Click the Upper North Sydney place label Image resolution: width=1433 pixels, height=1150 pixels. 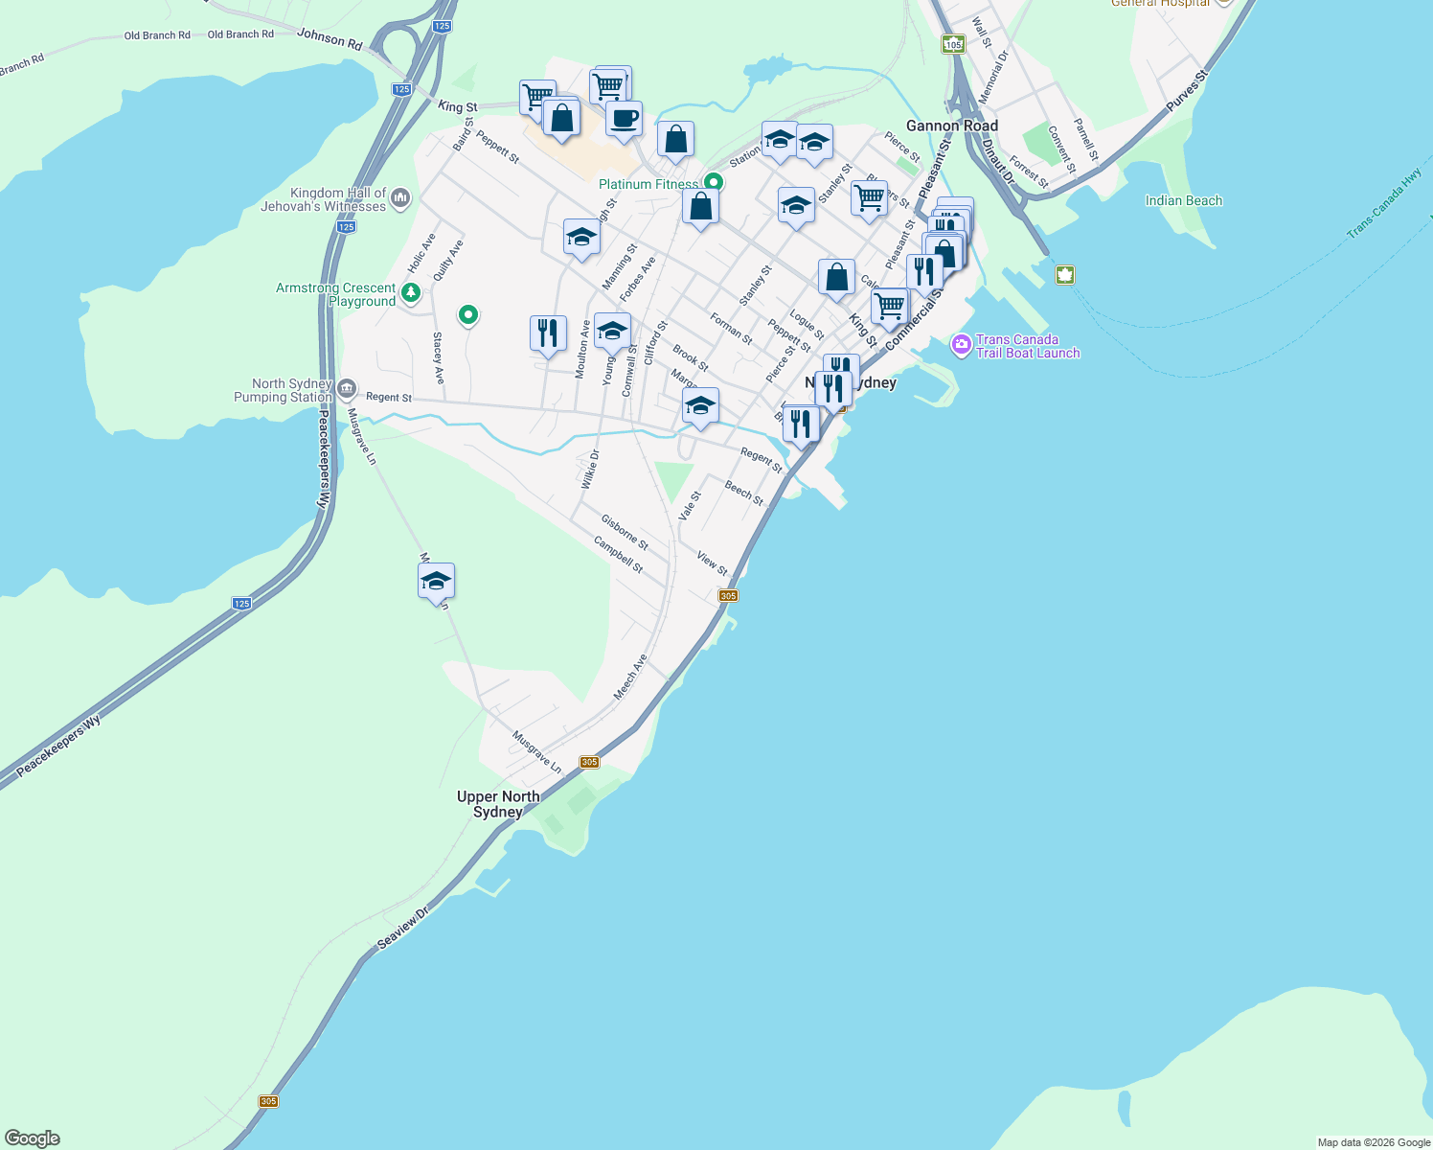point(498,804)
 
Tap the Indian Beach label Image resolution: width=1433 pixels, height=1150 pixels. point(1184,200)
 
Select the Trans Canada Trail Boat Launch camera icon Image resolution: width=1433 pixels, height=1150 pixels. point(961,345)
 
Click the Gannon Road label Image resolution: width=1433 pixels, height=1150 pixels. point(951,126)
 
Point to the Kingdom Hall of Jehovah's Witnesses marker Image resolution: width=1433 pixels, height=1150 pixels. point(400,198)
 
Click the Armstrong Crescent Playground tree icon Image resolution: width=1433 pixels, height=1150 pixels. point(411,292)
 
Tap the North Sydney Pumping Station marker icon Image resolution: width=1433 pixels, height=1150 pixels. point(347,390)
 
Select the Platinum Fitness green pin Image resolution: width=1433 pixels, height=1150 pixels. point(713,182)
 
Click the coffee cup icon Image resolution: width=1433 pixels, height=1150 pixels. point(624,120)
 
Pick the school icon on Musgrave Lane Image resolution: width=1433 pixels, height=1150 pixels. point(436,581)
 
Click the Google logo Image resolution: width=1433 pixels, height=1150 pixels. point(33,1138)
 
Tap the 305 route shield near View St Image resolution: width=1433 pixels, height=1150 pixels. point(728,596)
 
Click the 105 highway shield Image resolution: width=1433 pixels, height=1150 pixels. point(952,44)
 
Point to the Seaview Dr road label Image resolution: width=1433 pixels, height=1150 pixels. point(402,928)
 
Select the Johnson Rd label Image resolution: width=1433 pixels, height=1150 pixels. point(330,39)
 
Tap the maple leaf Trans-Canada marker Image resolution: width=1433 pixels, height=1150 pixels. point(1064,275)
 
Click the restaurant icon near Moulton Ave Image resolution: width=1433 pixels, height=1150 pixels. point(548,333)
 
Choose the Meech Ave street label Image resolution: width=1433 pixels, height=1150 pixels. point(630,677)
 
